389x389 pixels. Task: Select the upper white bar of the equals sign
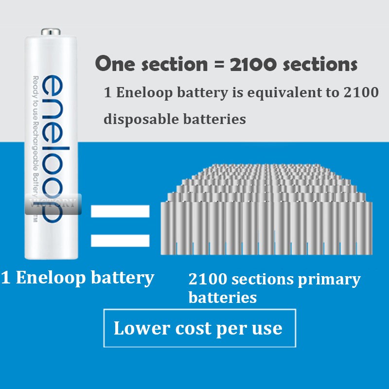pos(120,211)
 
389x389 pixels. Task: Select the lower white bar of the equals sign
pos(120,240)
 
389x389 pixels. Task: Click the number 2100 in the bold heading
pos(253,64)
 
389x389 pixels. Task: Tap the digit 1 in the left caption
pos(5,278)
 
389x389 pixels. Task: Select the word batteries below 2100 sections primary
pos(222,298)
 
